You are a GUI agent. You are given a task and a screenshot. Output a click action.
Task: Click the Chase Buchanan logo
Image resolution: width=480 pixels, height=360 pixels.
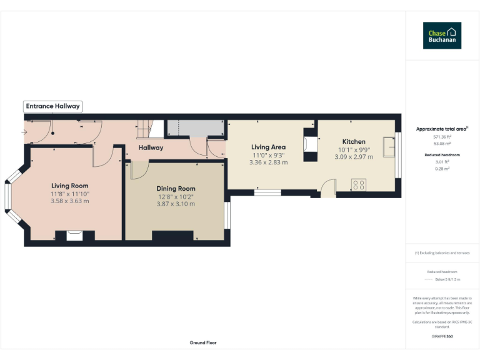pyautogui.click(x=442, y=36)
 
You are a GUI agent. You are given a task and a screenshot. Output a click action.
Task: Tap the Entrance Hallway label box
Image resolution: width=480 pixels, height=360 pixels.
pyautogui.click(x=52, y=106)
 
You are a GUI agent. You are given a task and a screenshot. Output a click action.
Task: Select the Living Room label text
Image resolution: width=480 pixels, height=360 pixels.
pyautogui.click(x=69, y=186)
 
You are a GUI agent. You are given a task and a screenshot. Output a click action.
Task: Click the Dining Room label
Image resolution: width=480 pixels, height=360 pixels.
pyautogui.click(x=176, y=189)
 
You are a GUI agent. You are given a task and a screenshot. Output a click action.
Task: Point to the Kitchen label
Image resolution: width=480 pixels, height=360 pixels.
pyautogui.click(x=354, y=142)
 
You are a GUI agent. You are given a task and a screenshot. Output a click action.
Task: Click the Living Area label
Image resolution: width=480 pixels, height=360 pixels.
pyautogui.click(x=269, y=147)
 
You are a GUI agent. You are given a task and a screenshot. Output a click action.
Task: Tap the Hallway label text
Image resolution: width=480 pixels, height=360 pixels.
pyautogui.click(x=151, y=148)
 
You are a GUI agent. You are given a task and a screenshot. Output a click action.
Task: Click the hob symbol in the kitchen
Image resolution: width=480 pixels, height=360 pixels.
pyautogui.click(x=359, y=184)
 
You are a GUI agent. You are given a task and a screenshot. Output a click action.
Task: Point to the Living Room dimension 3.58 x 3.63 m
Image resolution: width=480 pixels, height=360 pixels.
pyautogui.click(x=69, y=201)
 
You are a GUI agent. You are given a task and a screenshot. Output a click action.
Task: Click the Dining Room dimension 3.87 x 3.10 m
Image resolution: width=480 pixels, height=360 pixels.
pyautogui.click(x=176, y=204)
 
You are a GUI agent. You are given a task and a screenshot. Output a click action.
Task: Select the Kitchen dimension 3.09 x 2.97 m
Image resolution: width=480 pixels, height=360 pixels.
pyautogui.click(x=354, y=157)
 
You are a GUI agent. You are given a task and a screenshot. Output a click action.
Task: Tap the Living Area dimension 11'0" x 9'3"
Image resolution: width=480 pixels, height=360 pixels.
pyautogui.click(x=269, y=155)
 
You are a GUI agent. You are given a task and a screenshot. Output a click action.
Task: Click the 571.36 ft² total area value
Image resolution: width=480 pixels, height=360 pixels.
pyautogui.click(x=442, y=136)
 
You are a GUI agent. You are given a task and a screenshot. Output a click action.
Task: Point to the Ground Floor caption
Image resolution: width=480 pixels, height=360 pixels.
pyautogui.click(x=203, y=342)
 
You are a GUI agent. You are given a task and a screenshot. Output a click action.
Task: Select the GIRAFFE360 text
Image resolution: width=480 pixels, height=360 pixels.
pyautogui.click(x=442, y=336)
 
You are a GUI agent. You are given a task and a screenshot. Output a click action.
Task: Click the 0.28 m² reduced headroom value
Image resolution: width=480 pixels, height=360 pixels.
pyautogui.click(x=442, y=168)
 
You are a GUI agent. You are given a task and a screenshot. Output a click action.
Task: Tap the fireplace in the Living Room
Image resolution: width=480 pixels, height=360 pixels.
pyautogui.click(x=74, y=235)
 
